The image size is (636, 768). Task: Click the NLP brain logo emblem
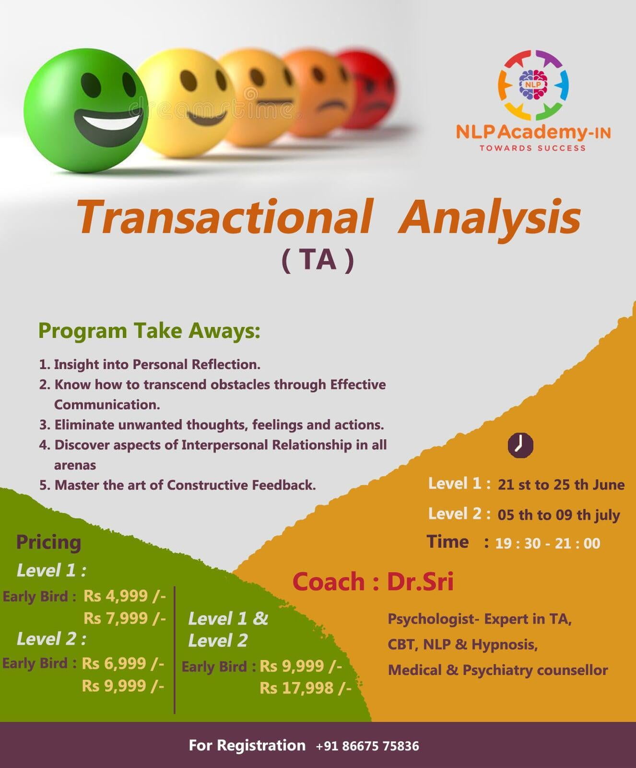pyautogui.click(x=533, y=85)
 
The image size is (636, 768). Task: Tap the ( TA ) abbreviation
pyautogui.click(x=318, y=260)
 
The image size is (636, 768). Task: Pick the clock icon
pyautogui.click(x=520, y=445)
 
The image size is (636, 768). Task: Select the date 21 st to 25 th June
pyautogui.click(x=561, y=485)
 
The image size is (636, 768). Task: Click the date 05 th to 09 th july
pyautogui.click(x=559, y=515)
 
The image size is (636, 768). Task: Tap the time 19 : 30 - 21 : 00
pyautogui.click(x=548, y=543)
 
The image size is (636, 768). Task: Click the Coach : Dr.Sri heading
pyautogui.click(x=373, y=582)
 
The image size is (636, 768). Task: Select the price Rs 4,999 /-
pyautogui.click(x=125, y=596)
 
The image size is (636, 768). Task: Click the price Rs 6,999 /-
pyautogui.click(x=123, y=663)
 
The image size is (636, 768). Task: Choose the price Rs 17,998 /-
pyautogui.click(x=306, y=688)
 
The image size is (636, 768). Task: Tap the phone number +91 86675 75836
pyautogui.click(x=367, y=746)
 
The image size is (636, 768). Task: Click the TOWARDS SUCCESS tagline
pyautogui.click(x=532, y=148)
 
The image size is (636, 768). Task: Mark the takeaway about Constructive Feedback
pyautogui.click(x=178, y=485)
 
